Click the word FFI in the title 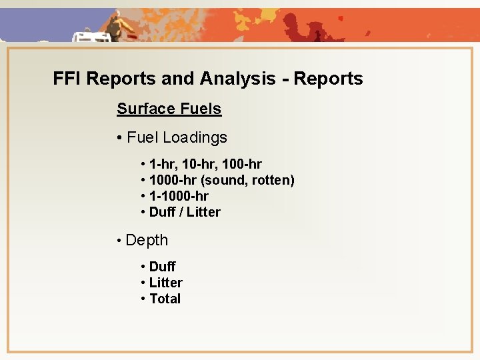[x=67, y=79]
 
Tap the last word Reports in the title [x=328, y=79]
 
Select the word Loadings [x=195, y=138]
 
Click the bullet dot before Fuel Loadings [x=119, y=139]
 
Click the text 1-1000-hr [x=179, y=196]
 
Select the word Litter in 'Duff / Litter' [x=203, y=212]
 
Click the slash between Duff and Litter [x=181, y=212]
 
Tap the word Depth [x=147, y=240]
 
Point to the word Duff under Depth [x=163, y=267]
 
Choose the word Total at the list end [x=165, y=299]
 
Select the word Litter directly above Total [x=166, y=283]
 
